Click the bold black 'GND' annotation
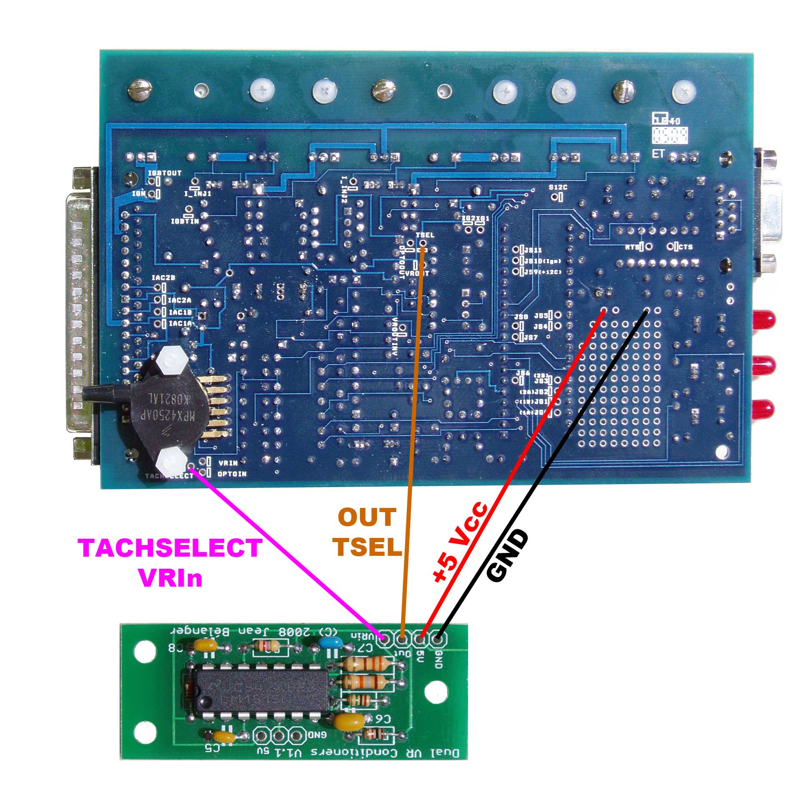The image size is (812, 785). (507, 556)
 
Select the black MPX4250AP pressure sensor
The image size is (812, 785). (160, 406)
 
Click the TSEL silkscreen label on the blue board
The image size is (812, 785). (425, 235)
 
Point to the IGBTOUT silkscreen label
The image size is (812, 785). (165, 172)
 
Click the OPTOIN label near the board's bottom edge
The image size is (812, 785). (232, 474)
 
